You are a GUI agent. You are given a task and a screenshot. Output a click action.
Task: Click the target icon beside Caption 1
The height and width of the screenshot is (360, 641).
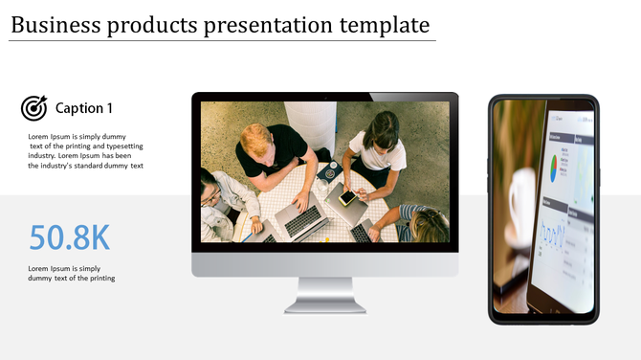click(x=34, y=108)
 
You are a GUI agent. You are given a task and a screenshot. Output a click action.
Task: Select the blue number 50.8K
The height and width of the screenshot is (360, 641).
click(x=70, y=237)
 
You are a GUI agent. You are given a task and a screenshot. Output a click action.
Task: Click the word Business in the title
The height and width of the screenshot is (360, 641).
click(x=55, y=25)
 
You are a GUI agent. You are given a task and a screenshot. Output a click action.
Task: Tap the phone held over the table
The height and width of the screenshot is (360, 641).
click(x=347, y=197)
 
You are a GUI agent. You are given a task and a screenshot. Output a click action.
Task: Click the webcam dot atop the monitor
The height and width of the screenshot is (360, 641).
click(x=325, y=97)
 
